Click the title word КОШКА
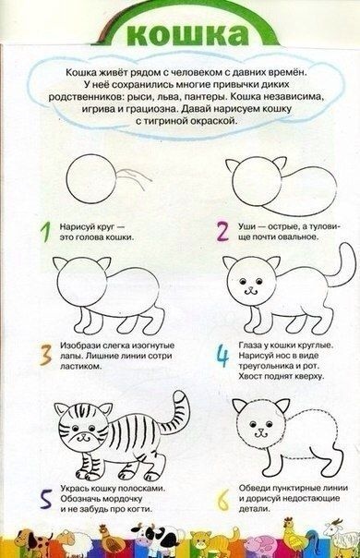(x=187, y=34)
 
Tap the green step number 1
(x=45, y=232)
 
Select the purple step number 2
(x=223, y=231)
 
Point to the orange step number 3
(x=45, y=355)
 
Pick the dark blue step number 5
(x=45, y=499)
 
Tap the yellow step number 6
(x=223, y=501)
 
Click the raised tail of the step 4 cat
(x=344, y=267)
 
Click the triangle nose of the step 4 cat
(x=251, y=288)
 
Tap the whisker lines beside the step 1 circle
(x=136, y=177)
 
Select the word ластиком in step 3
(x=78, y=366)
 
